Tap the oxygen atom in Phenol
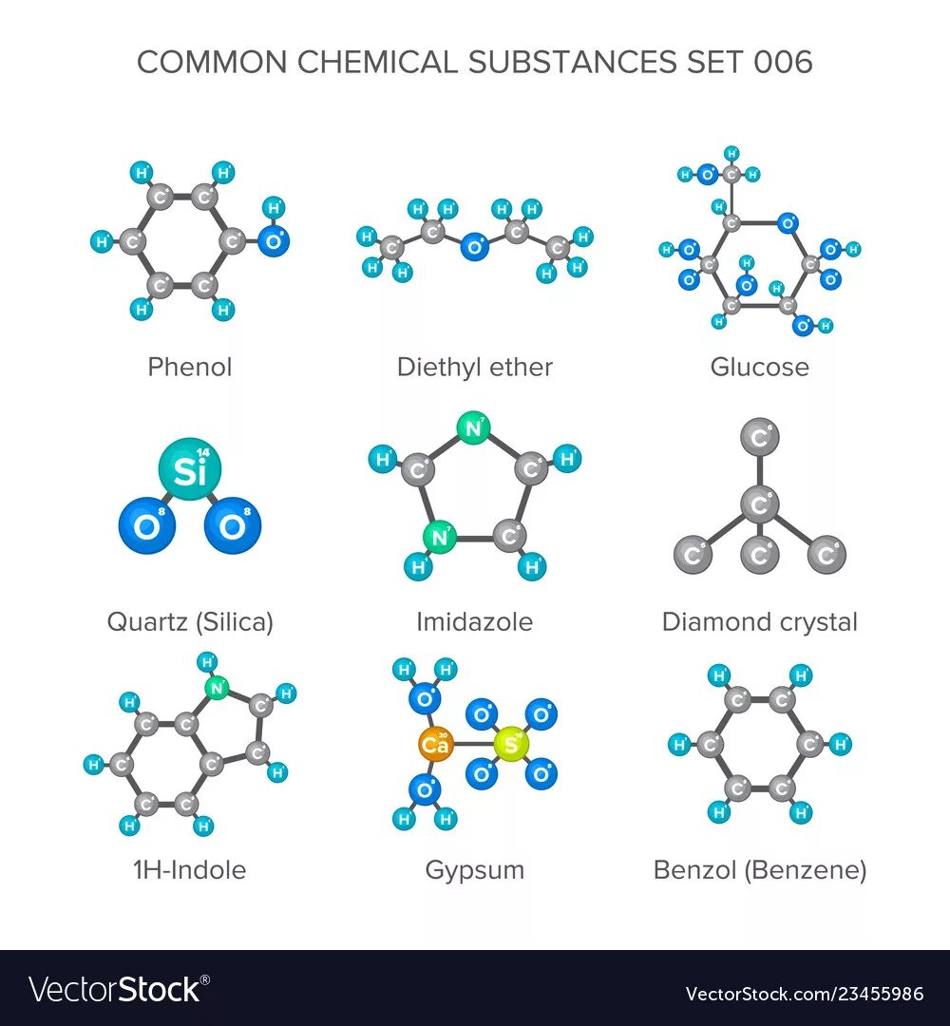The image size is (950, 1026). (x=273, y=241)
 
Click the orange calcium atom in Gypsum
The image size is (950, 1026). (x=436, y=745)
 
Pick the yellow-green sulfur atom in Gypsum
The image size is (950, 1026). (x=511, y=745)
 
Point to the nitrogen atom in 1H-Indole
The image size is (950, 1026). (x=218, y=689)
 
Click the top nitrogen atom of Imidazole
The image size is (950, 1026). (x=471, y=429)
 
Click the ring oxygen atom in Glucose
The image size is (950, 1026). (x=787, y=223)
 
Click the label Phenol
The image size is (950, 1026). (x=190, y=367)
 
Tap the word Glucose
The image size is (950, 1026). (x=760, y=367)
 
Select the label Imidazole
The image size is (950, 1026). (x=474, y=622)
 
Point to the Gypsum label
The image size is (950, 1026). (x=474, y=869)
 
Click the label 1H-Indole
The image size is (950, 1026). (x=190, y=869)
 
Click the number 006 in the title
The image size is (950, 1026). (x=784, y=62)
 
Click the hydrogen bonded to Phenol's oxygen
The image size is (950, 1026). (x=274, y=206)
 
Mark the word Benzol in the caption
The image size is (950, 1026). (x=694, y=869)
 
